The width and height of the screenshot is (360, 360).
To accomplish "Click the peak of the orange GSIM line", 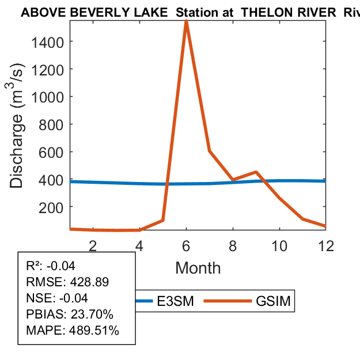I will click(186, 22).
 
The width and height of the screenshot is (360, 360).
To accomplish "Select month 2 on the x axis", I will click(93, 245).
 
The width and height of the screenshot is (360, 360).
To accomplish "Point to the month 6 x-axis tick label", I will click(186, 245).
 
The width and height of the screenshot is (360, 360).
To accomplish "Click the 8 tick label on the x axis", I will click(233, 245).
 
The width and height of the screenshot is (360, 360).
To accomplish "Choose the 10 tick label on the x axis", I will click(279, 245).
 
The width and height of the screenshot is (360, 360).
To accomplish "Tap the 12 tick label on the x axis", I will click(325, 245).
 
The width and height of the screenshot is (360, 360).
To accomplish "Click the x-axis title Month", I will click(198, 267).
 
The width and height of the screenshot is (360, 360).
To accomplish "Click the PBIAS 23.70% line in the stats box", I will click(70, 314).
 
